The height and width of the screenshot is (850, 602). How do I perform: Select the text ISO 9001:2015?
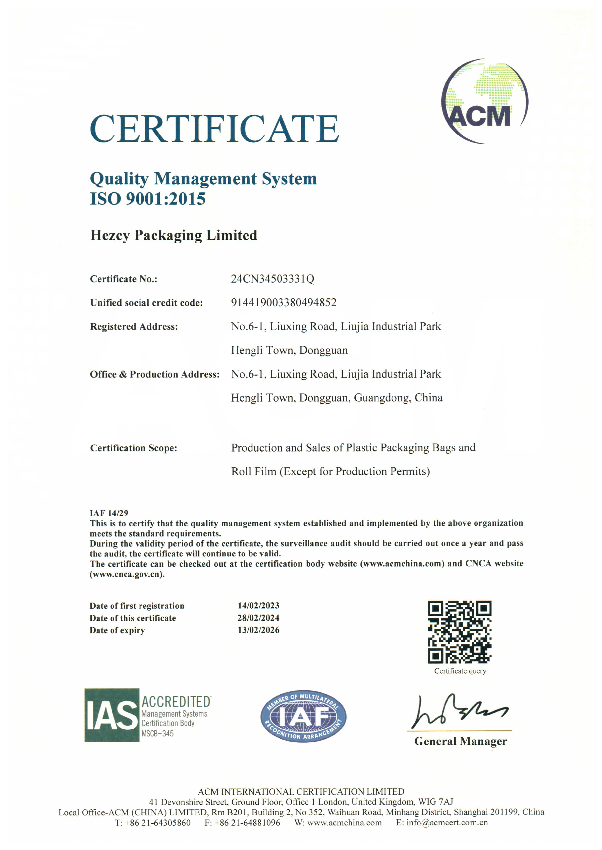148,199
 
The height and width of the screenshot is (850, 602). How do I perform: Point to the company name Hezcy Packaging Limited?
173,235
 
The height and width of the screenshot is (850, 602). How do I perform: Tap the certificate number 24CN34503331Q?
272,279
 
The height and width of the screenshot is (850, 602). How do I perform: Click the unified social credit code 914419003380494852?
284,303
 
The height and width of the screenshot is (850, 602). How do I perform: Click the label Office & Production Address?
154,374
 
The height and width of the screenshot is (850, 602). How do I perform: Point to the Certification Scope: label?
133,448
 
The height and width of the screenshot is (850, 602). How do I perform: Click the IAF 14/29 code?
109,513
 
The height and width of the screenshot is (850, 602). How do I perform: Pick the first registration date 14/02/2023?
258,606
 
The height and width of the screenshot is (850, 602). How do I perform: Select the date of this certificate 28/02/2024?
258,618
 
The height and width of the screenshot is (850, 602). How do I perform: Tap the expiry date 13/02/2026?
258,630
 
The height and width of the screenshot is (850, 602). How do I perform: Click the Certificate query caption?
460,671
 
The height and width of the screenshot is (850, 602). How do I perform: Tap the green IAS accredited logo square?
112,715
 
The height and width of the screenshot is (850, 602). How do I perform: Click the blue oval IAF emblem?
303,716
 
